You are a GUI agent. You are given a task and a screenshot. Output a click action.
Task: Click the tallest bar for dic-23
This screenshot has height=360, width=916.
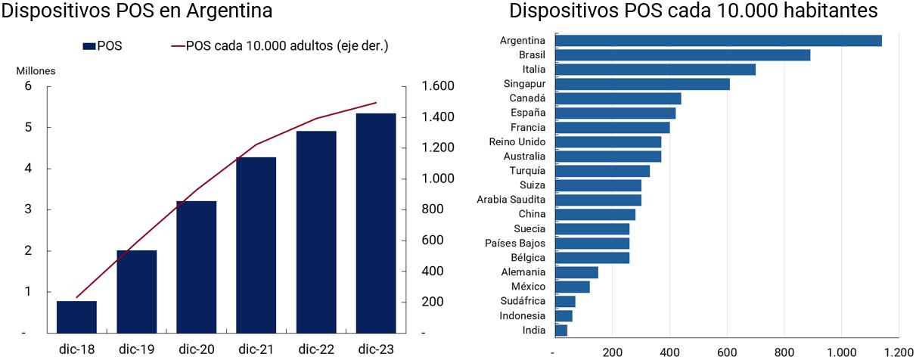376,223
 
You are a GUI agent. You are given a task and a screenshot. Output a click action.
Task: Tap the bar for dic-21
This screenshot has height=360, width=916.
256,245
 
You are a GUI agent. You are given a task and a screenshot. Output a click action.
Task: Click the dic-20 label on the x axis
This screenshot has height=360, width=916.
197,349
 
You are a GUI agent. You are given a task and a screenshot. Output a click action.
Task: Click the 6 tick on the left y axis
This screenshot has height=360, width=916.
28,86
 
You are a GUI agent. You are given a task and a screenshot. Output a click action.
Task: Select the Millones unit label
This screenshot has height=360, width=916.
36,70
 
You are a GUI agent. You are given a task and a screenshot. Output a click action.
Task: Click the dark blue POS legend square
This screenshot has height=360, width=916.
88,46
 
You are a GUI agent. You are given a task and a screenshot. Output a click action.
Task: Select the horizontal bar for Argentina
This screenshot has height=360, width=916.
719,41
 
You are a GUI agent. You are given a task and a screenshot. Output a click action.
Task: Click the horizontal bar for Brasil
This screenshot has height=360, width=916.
683,55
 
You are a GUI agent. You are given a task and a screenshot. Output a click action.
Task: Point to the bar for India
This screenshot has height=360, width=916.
561,331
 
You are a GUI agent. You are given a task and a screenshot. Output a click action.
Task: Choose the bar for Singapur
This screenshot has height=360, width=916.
643,84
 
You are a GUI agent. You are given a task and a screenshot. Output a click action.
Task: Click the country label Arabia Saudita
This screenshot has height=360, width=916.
511,200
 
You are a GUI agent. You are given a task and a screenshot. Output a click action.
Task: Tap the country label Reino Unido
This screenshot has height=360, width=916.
517,142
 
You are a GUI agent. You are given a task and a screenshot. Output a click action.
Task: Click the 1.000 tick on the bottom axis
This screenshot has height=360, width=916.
841,352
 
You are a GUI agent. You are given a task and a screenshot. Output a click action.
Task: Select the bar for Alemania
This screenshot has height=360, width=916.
577,272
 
